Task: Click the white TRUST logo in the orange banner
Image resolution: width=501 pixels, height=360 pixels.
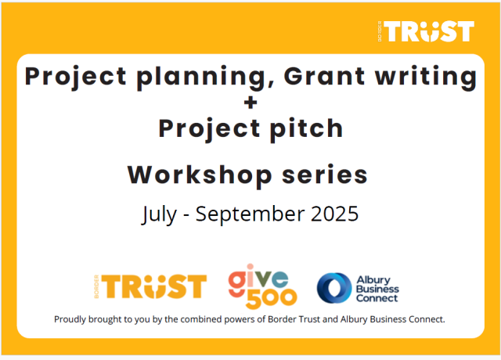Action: point(426,31)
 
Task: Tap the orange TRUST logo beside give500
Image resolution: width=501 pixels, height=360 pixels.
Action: point(150,286)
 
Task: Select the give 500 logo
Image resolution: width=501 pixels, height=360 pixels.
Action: point(263,286)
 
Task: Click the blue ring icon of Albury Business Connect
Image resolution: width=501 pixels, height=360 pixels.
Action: point(334,288)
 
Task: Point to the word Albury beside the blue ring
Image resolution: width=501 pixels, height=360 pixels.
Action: point(373,280)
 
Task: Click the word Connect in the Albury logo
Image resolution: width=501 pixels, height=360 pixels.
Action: point(377,298)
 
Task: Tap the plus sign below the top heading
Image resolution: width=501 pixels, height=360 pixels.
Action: point(250,103)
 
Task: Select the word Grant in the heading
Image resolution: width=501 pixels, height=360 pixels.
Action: point(324,76)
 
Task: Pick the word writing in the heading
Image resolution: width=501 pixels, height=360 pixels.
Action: point(426,77)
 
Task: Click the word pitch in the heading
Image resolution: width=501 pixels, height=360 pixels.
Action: point(307,129)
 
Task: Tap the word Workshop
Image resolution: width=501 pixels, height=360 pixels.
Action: point(200,175)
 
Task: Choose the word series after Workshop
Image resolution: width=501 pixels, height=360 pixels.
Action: point(325,175)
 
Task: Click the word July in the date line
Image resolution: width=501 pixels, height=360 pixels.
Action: point(159,214)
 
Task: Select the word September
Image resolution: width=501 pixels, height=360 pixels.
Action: point(250,214)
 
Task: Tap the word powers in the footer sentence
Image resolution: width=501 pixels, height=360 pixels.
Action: point(240,320)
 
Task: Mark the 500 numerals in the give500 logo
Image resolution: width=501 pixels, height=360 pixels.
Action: point(272,298)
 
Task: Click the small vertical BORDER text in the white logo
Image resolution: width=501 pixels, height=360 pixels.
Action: point(380,31)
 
